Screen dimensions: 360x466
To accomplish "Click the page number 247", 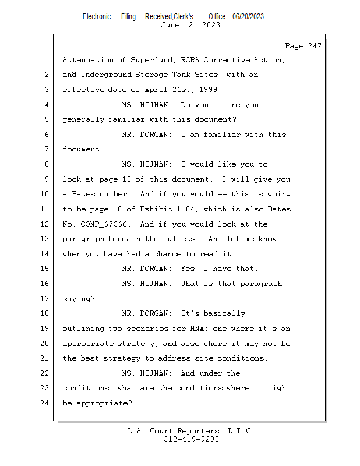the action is point(315,46).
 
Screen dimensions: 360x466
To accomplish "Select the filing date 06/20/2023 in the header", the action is point(248,16).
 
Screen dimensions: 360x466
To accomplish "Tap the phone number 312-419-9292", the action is point(191,439).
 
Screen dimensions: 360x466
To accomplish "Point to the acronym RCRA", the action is point(190,60).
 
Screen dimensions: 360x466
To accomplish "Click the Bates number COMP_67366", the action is point(104,224).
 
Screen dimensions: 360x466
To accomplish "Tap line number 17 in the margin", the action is point(44,298).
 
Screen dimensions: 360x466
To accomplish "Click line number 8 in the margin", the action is point(47,164).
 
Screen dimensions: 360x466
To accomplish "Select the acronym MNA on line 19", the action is point(197,329).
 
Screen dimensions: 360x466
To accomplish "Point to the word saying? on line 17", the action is point(79,299).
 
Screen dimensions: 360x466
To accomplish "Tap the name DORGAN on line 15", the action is point(154,269).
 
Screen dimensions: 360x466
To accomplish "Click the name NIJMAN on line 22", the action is point(154,373).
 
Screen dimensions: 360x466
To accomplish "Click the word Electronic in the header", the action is point(97,17).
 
